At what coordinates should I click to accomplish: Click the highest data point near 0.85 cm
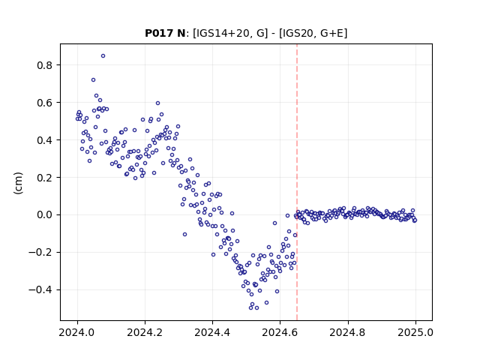[103, 56]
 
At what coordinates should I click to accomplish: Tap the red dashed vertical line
[297, 182]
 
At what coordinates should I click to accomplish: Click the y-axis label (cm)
[18, 183]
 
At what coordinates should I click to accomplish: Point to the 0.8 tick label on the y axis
[45, 65]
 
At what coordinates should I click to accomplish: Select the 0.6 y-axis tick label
[45, 103]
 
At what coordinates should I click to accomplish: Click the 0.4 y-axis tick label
[45, 140]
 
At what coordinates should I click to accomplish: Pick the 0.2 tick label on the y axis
[45, 178]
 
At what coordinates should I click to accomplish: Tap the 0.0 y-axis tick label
[45, 215]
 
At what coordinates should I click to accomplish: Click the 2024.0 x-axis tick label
[77, 332]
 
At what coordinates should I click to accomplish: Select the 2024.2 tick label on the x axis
[145, 332]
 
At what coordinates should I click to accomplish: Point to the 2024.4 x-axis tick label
[212, 332]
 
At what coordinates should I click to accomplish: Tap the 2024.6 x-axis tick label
[280, 332]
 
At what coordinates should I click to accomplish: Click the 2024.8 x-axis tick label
[348, 332]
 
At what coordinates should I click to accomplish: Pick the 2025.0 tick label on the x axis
[415, 332]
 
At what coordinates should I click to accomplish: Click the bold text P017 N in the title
[165, 33]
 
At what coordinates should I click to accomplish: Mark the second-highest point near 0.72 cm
[93, 80]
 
